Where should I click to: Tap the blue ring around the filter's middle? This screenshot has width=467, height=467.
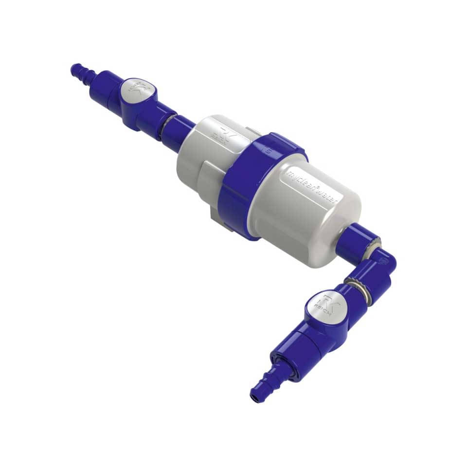click(258, 185)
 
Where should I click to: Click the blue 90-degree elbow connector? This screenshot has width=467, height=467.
click(379, 265)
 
